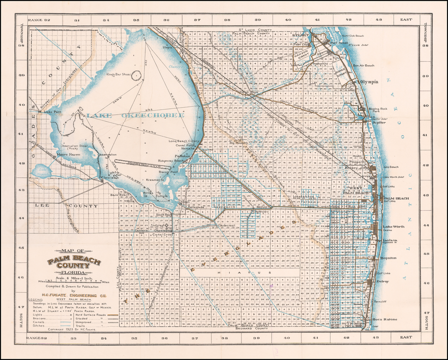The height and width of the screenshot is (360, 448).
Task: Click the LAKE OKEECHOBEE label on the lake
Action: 136,115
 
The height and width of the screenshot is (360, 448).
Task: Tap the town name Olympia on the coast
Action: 369,82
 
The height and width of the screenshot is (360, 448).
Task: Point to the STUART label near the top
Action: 301,35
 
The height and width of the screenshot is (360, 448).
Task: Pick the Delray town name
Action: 382,281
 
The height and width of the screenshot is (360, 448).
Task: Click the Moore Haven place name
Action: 68,155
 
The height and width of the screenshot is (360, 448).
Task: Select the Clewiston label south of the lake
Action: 109,178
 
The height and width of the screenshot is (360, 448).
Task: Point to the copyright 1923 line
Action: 72,328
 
